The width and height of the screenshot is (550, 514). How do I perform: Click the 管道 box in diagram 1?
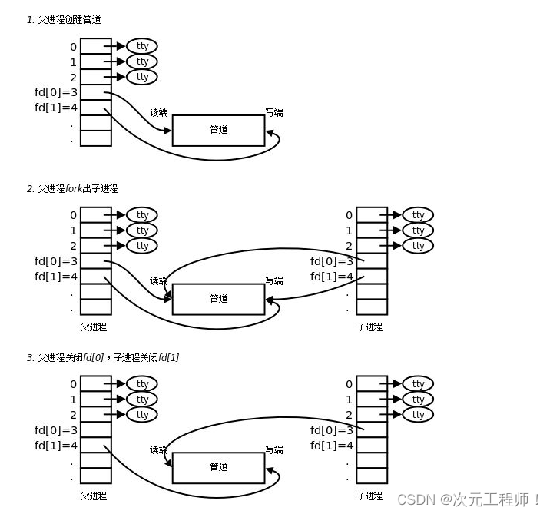point(218,130)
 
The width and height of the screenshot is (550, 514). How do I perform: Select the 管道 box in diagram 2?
point(218,299)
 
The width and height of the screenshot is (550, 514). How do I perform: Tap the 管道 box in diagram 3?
point(218,467)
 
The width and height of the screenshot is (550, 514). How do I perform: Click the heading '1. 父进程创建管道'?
point(64,20)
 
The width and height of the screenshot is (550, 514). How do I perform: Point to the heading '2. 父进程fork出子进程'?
point(72,188)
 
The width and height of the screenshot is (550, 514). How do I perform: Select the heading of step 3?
point(103,357)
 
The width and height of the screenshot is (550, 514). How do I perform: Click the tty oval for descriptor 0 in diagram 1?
point(142,46)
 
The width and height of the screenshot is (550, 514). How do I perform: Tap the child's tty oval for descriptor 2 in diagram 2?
point(418,246)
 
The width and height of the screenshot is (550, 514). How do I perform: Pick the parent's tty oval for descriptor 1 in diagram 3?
point(142,400)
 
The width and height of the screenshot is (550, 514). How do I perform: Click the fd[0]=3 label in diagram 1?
point(56,92)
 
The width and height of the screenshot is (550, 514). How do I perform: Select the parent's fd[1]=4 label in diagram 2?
point(56,277)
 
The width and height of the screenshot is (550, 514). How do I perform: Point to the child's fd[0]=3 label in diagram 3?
point(332,430)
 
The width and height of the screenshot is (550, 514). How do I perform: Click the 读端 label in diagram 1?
point(158,113)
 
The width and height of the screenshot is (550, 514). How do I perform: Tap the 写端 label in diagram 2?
point(274,281)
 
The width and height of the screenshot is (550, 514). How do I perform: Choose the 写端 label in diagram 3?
point(274,450)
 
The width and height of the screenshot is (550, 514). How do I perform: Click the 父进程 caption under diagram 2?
point(94,327)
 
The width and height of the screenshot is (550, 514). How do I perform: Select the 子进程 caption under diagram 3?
point(369,496)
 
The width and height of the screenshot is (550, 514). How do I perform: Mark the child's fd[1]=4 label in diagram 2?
point(332,277)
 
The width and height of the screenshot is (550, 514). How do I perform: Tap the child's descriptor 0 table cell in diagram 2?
point(373,215)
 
